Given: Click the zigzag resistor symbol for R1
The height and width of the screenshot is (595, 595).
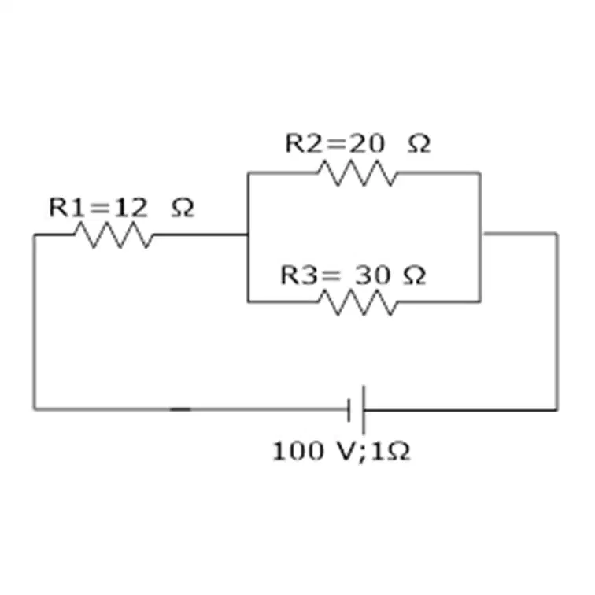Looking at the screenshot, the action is click(114, 235).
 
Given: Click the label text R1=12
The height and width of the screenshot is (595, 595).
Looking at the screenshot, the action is click(98, 208).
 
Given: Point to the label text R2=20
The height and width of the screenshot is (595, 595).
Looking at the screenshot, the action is click(335, 143).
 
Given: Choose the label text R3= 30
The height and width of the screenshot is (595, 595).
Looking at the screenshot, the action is click(335, 275).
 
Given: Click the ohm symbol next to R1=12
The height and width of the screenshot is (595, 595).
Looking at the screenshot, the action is click(183, 209).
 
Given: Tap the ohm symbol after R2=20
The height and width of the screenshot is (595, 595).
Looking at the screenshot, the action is click(419, 144).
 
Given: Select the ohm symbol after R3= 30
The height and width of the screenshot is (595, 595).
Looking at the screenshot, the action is click(414, 275).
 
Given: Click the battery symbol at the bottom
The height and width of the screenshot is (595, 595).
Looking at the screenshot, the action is click(357, 410).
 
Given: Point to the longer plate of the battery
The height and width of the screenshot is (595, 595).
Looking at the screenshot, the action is click(364, 410).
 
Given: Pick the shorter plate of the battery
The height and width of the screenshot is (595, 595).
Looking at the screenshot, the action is click(349, 410).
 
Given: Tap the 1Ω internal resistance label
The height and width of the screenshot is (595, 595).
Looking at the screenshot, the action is click(390, 452).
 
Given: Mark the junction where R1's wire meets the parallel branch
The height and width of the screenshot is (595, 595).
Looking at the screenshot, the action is click(248, 235).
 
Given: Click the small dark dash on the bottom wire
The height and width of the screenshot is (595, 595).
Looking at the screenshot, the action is click(180, 409).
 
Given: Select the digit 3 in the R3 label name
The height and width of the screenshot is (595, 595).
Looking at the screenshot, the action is click(309, 275).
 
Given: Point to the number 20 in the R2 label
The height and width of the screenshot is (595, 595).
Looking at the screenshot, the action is click(367, 143).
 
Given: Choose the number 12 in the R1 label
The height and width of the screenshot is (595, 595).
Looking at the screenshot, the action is click(131, 208).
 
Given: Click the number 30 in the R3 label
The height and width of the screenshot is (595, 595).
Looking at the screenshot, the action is click(372, 275).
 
